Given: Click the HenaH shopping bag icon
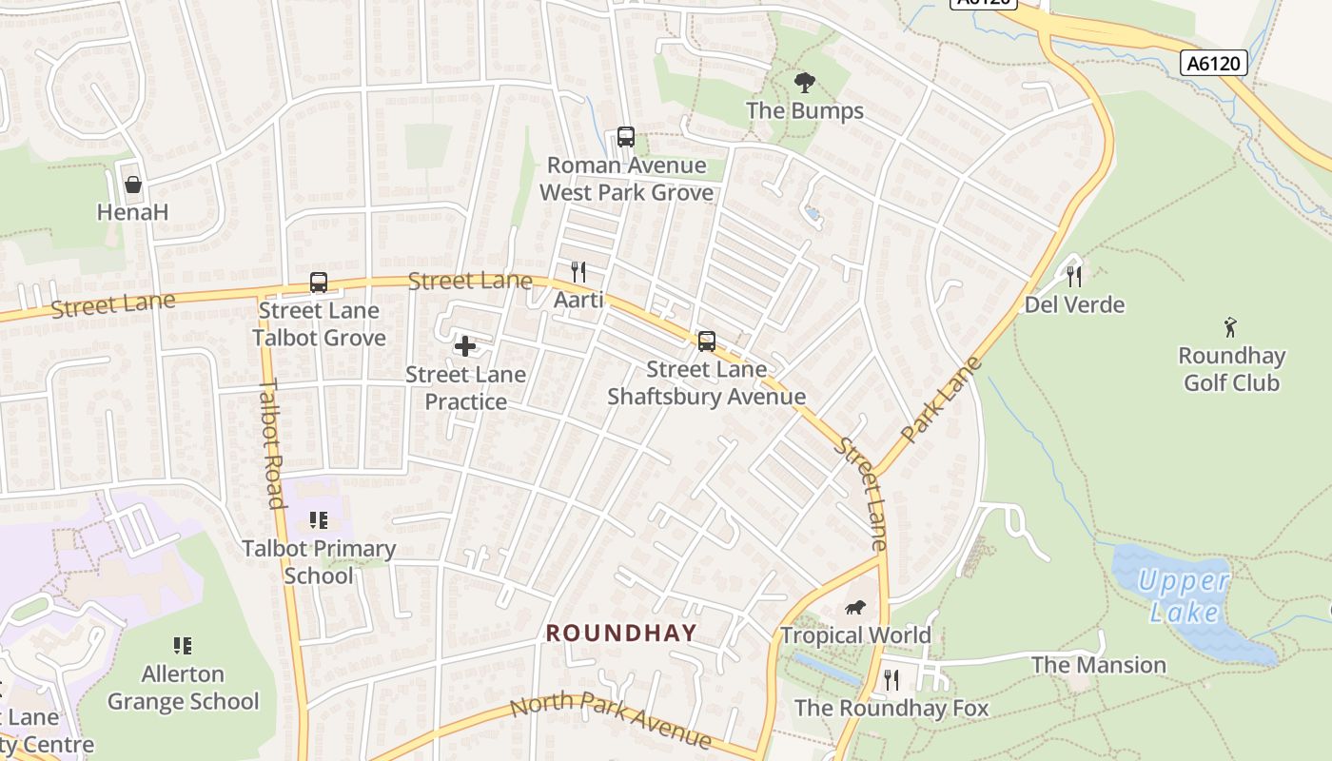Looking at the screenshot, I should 133,184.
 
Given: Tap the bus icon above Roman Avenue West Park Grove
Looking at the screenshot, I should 625,137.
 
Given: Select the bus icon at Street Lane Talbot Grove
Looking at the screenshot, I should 319,283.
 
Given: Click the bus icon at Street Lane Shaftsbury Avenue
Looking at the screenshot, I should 706,341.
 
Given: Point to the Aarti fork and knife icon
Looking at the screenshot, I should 578,272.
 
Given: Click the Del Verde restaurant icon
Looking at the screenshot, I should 1074,277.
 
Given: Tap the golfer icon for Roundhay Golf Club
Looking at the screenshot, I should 1231,327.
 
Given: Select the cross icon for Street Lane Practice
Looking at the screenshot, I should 465,346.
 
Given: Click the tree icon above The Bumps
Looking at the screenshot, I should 805,83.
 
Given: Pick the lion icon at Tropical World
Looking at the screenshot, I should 855,607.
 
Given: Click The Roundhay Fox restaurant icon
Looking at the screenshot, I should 891,680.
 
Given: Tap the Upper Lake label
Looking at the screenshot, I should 1184,595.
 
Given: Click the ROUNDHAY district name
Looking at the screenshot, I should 621,633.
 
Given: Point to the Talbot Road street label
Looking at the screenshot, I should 271,443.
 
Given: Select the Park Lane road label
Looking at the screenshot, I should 940,400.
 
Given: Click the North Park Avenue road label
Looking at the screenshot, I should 610,721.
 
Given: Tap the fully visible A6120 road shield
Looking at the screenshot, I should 1214,64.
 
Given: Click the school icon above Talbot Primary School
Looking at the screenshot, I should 318,520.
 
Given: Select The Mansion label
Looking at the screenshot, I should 1099,665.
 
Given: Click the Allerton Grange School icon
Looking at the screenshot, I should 183,646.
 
